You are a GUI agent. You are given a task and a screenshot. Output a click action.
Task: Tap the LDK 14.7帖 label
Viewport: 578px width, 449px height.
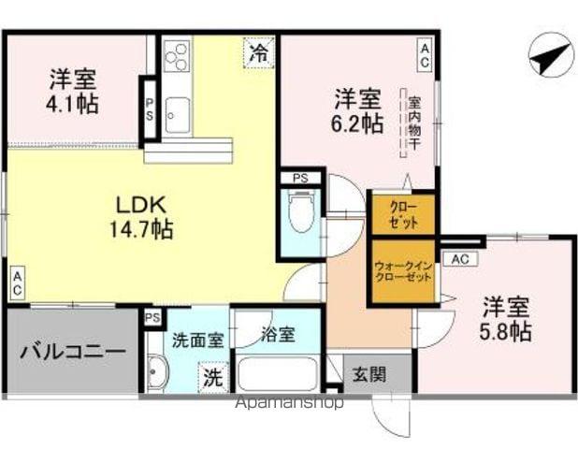[x=143, y=215]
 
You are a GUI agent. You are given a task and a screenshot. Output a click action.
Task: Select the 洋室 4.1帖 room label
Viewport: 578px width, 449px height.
[x=73, y=91]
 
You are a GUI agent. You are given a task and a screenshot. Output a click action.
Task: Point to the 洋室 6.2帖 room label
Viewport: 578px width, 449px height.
[x=358, y=109]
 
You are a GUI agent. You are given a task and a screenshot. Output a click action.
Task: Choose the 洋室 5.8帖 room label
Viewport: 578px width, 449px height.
[x=506, y=318]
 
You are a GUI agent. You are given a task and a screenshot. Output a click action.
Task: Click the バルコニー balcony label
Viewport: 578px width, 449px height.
[x=71, y=353]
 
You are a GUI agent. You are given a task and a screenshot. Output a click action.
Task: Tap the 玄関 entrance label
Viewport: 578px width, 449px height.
[x=368, y=376]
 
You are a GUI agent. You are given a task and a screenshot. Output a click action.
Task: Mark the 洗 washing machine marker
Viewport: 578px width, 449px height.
[x=214, y=379]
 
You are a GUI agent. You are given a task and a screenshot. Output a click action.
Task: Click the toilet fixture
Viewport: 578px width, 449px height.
[x=300, y=211]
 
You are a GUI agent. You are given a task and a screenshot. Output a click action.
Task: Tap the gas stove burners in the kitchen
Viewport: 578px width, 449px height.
[x=176, y=59]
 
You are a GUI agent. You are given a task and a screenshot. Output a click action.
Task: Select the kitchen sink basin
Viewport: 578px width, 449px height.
[x=176, y=114]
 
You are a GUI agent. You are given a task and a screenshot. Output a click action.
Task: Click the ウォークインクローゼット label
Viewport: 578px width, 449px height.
[x=405, y=271]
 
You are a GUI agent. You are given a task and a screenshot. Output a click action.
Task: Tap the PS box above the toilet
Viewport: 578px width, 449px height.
[x=300, y=177]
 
